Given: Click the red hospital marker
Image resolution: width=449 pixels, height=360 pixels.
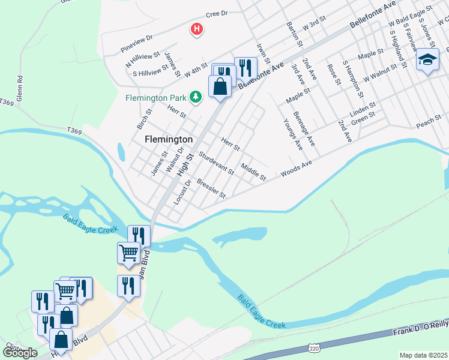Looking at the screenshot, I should click(196, 29).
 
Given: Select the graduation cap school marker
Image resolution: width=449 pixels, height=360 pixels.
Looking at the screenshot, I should click(427, 60).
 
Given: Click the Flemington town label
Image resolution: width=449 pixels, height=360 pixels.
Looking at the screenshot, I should click(169, 139).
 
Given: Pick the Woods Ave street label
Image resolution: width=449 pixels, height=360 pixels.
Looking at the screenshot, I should click(297, 169).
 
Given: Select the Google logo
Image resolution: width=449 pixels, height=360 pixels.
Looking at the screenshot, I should click(19, 352).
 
